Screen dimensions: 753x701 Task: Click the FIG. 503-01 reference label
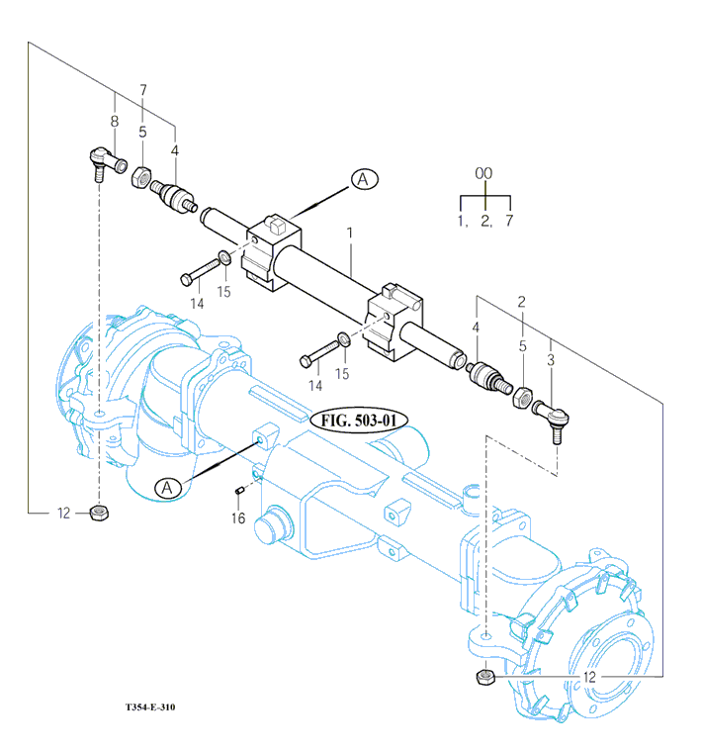[359, 420]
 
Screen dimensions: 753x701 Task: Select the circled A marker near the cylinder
[364, 179]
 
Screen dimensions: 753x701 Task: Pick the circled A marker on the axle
[167, 487]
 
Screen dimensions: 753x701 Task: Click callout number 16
[238, 518]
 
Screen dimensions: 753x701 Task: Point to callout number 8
[115, 121]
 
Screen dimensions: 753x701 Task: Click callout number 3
[551, 363]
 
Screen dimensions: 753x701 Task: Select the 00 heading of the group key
[483, 173]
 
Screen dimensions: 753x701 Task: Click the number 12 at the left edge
[64, 513]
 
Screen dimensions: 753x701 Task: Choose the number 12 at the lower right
[590, 677]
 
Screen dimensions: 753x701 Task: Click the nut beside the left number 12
[99, 512]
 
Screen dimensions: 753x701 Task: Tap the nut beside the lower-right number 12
[484, 677]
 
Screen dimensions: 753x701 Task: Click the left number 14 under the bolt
[197, 303]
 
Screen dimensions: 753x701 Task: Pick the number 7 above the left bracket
[143, 90]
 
